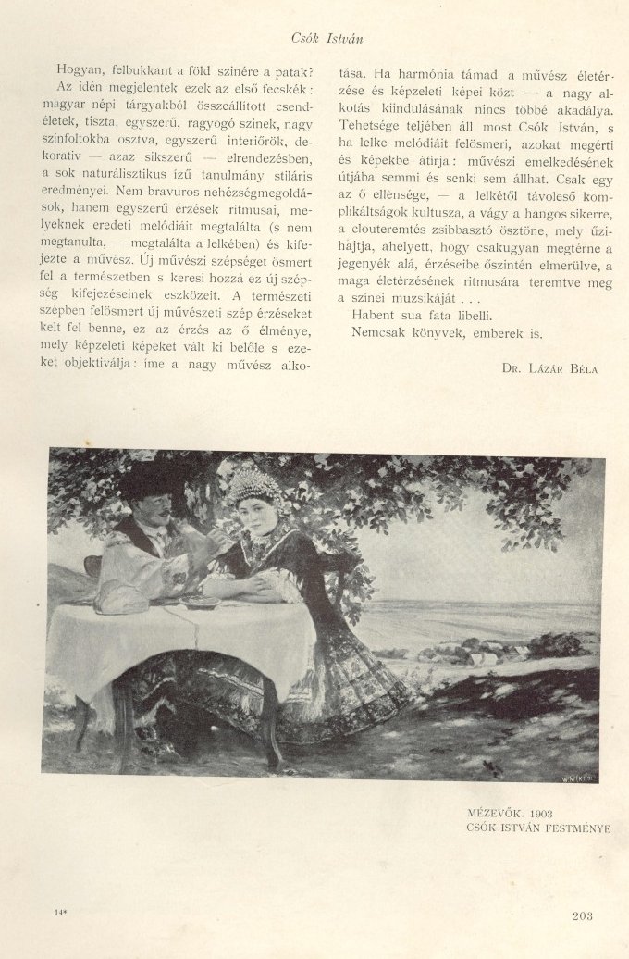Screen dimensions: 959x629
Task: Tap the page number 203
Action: [583, 916]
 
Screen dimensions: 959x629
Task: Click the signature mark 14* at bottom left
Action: [61, 915]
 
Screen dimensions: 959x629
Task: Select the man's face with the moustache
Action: [155, 507]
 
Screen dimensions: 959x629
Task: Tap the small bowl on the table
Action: [201, 603]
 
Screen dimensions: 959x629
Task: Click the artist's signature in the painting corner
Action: [576, 766]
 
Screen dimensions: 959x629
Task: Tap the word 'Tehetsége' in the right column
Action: [371, 123]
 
